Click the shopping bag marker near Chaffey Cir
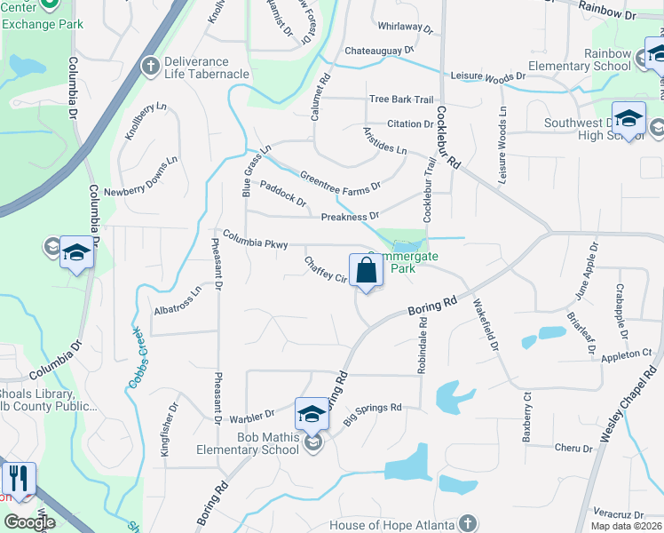pyautogui.click(x=366, y=271)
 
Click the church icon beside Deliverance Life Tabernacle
pyautogui.click(x=150, y=68)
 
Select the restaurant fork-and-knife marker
pyautogui.click(x=18, y=479)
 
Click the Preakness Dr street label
pyautogui.click(x=350, y=216)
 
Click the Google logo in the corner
pyautogui.click(x=28, y=522)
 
